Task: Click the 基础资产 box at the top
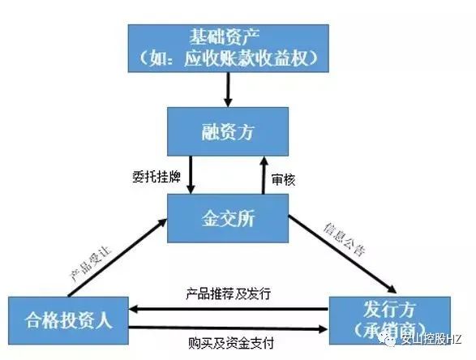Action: [229, 49]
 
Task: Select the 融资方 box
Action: [228, 131]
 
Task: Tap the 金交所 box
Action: [228, 218]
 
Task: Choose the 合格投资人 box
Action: [68, 320]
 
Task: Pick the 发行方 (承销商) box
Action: [390, 320]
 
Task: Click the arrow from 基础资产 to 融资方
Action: [228, 89]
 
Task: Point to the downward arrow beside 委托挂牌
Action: [191, 175]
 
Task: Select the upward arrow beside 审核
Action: [264, 175]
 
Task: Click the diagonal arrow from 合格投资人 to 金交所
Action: [118, 257]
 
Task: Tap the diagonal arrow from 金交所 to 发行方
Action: [342, 255]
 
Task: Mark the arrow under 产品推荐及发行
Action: [229, 309]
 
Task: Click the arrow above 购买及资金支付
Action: [229, 328]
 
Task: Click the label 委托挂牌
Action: [157, 177]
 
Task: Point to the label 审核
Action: [283, 180]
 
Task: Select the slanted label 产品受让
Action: [91, 264]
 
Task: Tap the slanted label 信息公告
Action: [345, 240]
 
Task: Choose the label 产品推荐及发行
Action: [229, 294]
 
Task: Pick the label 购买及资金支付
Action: [231, 343]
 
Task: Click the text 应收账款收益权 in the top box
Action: [246, 58]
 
